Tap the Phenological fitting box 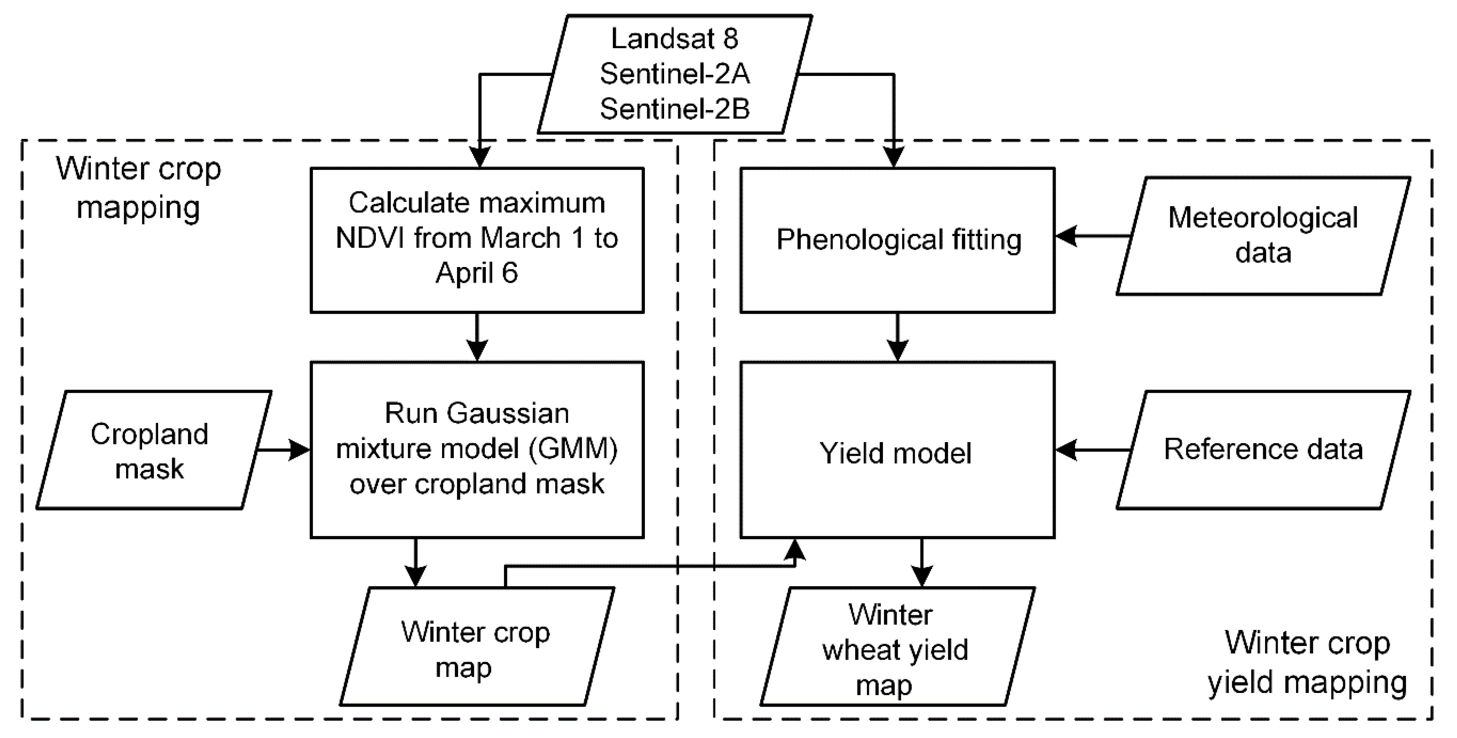(x=897, y=240)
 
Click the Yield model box (x=897, y=453)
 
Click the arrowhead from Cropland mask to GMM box (x=300, y=450)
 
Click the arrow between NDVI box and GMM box (x=477, y=337)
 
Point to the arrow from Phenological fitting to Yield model (x=897, y=337)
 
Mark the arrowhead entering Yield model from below (x=796, y=549)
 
